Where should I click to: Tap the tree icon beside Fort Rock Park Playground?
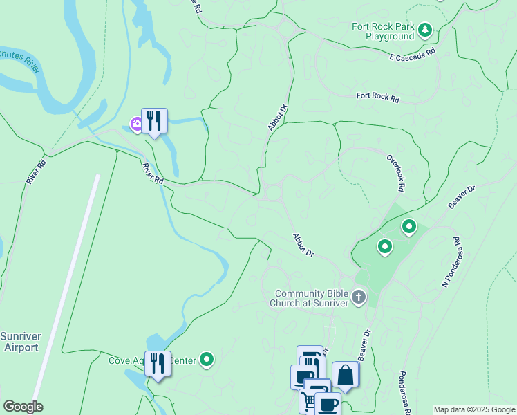[x=425, y=29]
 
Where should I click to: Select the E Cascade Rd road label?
[x=413, y=55]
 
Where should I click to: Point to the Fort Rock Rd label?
[x=378, y=98]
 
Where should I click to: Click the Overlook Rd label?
[x=395, y=172]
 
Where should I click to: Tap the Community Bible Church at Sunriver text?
[x=312, y=297]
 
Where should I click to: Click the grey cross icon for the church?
[x=358, y=297]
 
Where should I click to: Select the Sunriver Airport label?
[x=21, y=342]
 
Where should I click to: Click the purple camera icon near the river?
[x=136, y=124]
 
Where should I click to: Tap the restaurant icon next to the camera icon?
[x=155, y=120]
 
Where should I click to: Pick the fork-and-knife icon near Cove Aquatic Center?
[x=158, y=363]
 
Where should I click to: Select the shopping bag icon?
[x=345, y=375]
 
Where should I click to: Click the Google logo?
[x=23, y=407]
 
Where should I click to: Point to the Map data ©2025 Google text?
[x=474, y=409]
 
